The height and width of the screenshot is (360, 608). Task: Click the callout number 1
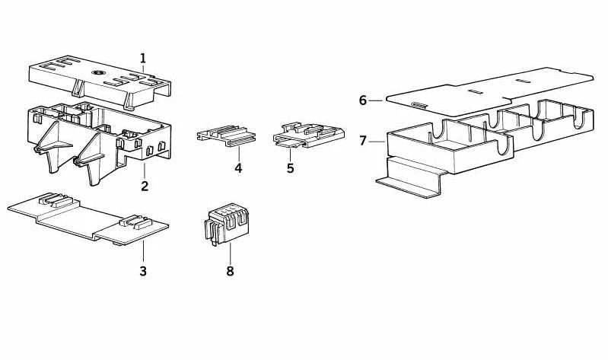(143, 59)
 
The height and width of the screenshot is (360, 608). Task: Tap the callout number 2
(145, 186)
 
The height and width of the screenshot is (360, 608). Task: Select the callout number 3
(143, 271)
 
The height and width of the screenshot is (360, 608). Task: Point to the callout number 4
(238, 168)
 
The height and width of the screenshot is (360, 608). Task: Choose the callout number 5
(291, 168)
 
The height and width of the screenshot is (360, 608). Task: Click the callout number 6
(362, 100)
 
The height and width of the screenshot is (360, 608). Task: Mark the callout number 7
(362, 141)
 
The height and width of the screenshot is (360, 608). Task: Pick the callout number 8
(230, 271)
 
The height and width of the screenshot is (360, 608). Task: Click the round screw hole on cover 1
(96, 72)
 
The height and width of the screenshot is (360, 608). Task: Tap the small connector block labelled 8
(227, 226)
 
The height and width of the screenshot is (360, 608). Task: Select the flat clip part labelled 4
(227, 135)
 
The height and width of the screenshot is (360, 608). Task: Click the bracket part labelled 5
(309, 135)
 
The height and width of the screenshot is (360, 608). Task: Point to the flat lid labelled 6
(490, 92)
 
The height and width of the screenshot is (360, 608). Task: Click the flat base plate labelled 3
(88, 219)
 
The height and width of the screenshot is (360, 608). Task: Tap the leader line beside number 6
(375, 101)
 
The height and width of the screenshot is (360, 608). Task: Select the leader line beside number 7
(377, 142)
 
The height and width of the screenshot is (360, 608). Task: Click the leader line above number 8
(230, 253)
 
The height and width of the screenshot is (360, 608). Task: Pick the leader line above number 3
(143, 251)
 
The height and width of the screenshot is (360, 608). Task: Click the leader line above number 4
(238, 154)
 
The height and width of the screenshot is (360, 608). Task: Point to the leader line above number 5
(290, 155)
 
